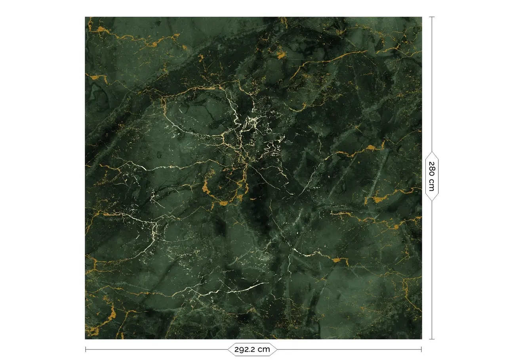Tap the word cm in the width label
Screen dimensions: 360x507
[264, 349]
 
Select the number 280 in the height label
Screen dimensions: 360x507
[432, 169]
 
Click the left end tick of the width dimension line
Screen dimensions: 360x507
[86, 349]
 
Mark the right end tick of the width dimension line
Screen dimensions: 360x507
[421, 349]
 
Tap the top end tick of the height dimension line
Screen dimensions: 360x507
[432, 17]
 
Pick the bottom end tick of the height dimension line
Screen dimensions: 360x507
[432, 339]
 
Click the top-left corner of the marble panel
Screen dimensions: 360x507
[86, 17]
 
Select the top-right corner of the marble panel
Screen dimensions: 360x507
[421, 17]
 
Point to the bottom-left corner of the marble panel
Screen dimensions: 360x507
[86, 339]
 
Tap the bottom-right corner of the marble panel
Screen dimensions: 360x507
[421, 339]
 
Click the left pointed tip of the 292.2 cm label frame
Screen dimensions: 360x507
[227, 349]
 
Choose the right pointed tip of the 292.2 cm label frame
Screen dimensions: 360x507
[277, 349]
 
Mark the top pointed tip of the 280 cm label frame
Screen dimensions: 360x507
[432, 151]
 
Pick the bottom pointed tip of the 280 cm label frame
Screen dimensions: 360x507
[432, 201]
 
